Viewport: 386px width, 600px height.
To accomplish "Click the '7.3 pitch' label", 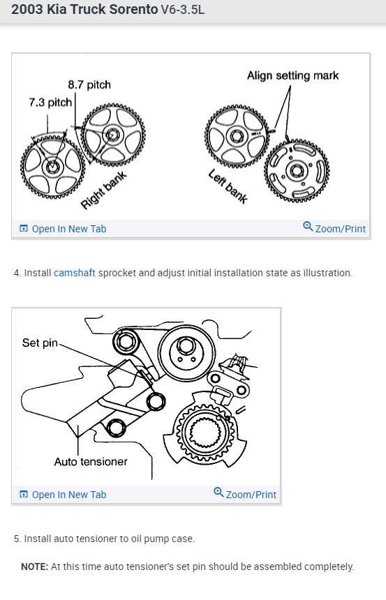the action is click(x=50, y=103).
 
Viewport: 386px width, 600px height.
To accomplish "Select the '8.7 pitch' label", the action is click(x=89, y=84).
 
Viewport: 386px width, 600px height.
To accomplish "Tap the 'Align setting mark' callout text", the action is click(x=293, y=75).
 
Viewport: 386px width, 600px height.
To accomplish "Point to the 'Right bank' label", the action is click(x=104, y=190).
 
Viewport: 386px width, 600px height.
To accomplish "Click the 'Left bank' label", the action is click(x=228, y=186).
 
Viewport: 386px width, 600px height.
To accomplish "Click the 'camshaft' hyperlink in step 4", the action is click(x=74, y=273).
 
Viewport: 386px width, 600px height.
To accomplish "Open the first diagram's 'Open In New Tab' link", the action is click(x=63, y=229).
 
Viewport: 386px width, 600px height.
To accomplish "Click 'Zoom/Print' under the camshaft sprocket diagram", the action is click(x=334, y=228).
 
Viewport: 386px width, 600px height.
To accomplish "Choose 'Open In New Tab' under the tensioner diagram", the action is click(x=63, y=495).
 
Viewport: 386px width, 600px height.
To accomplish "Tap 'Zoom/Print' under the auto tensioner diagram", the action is click(x=245, y=495).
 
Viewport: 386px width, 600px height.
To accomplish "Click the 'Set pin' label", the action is click(x=40, y=343).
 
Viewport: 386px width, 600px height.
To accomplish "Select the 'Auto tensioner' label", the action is click(x=91, y=462).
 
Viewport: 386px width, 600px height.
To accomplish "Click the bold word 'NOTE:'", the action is click(x=35, y=567).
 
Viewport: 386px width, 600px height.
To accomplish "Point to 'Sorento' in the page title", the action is click(x=133, y=9).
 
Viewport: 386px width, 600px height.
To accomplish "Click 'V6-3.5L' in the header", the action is click(x=183, y=10).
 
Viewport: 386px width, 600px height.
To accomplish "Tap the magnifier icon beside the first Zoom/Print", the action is click(x=308, y=227).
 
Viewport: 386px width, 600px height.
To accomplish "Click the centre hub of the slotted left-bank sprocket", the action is click(x=297, y=171).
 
